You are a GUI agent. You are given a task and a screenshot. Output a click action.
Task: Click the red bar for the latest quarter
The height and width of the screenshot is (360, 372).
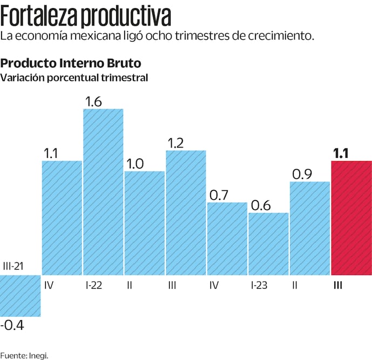pos(351,218)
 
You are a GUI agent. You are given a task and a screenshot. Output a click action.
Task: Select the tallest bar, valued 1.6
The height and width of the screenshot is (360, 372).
pos(103,192)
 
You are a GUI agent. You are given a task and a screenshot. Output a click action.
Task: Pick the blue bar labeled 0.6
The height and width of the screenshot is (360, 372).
pos(268,244)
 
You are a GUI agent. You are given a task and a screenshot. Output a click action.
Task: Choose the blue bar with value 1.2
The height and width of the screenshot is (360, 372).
pos(186,212)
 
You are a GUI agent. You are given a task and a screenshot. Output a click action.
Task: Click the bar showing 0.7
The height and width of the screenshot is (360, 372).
pos(227,238)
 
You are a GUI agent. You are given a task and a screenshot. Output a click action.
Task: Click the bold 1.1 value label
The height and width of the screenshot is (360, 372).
pos(341,153)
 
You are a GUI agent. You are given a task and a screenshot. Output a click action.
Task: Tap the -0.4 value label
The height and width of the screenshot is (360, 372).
pos(12,325)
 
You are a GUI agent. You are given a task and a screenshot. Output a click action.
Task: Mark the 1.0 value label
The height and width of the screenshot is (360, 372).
pos(136,163)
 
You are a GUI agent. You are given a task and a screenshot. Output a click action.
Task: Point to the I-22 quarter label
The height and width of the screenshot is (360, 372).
pos(94,285)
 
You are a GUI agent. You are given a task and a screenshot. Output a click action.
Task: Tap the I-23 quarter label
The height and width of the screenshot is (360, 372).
pos(260,285)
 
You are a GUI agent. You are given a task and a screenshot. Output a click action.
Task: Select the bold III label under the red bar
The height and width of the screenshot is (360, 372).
pos(337,285)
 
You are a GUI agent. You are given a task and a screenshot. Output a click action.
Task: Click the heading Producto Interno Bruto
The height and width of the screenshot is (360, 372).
pos(71,63)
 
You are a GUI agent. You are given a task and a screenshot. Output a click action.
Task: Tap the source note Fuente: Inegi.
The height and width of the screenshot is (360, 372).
pos(24,355)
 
